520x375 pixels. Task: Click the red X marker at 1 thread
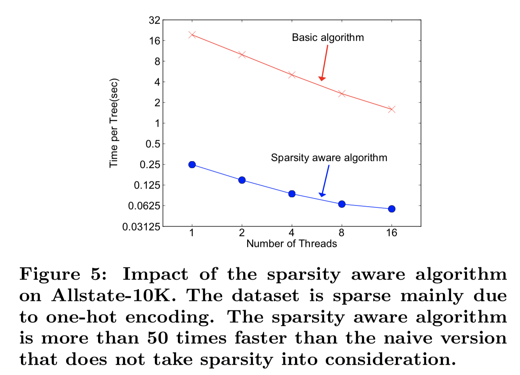coord(192,35)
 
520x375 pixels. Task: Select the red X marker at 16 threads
coord(392,109)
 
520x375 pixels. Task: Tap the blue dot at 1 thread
coord(192,165)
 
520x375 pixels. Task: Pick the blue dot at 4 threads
coord(292,194)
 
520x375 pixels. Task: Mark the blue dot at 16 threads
coord(392,209)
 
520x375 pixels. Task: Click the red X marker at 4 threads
coord(292,75)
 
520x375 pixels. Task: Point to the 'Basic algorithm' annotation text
coord(328,37)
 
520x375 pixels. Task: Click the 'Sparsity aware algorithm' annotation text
coord(329,158)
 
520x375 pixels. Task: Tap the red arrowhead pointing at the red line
coord(321,79)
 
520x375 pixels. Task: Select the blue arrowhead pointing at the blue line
coord(322,195)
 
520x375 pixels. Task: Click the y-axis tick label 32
coord(155,20)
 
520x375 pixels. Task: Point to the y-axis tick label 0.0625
coord(144,206)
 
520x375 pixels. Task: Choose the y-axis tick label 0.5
coord(153,144)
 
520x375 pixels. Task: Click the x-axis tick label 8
coord(341,233)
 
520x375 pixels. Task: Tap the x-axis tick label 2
coord(242,233)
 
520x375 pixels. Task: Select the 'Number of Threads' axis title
coord(292,244)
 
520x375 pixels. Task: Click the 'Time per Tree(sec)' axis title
coord(114,123)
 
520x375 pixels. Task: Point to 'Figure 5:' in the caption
coord(63,274)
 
